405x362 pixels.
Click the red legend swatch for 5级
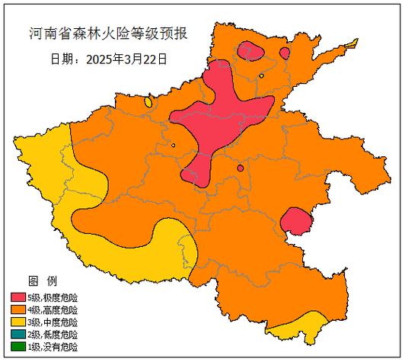tap(19, 297)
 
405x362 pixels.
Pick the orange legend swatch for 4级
tap(19, 309)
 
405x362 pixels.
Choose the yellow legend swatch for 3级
tap(19, 322)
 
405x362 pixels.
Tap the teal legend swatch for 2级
tap(19, 334)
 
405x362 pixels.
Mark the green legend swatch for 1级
tap(19, 346)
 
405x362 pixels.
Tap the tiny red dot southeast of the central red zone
tap(240, 168)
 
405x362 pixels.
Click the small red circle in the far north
tap(284, 53)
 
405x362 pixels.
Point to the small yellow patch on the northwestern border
tap(148, 101)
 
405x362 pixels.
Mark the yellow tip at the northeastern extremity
tap(352, 43)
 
